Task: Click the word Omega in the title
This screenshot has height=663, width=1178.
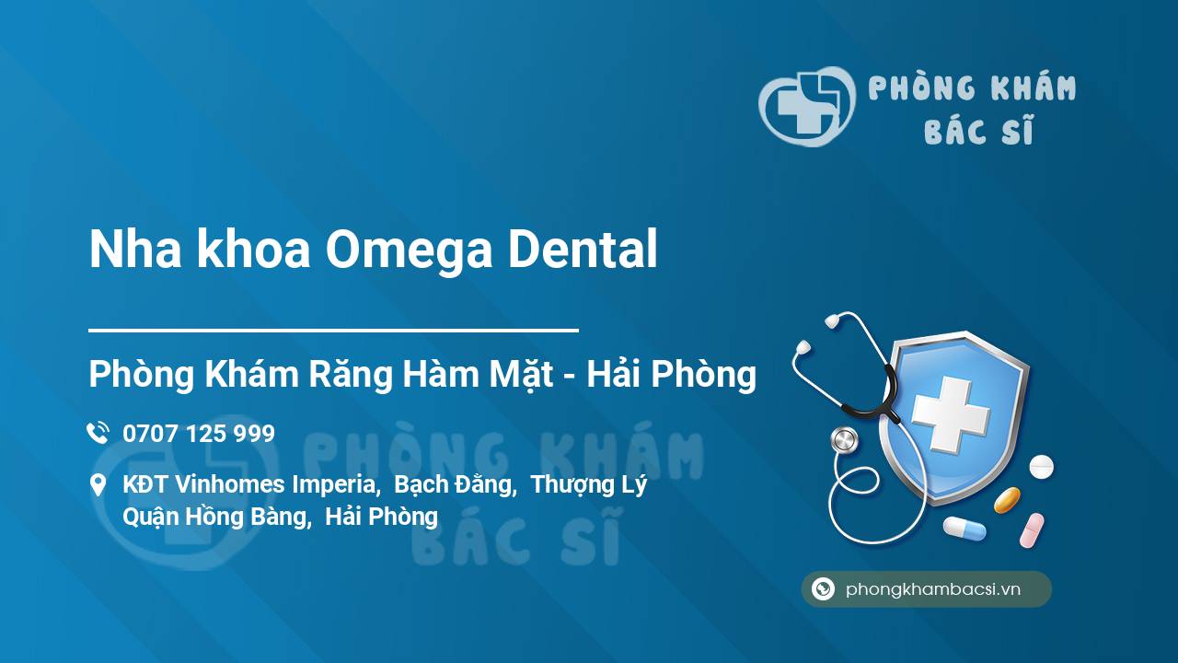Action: pos(410,250)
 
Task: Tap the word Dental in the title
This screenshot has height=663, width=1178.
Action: pos(583,248)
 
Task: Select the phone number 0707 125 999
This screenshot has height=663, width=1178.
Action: pos(199,434)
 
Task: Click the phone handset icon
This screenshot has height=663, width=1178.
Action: pos(98,433)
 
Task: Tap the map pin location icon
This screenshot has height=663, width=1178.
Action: pos(98,484)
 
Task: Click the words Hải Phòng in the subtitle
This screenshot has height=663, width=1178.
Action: pos(672,374)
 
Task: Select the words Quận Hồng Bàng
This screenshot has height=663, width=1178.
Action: pos(214,517)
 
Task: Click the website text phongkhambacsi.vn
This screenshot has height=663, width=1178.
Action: pos(933,589)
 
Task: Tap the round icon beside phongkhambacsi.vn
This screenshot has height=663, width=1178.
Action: pos(823,588)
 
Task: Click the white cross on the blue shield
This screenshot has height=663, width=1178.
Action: pos(951,414)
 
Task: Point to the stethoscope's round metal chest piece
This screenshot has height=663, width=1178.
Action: pos(844,440)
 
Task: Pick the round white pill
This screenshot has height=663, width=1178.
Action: pos(1041,467)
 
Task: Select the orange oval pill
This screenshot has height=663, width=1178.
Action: pos(1007,500)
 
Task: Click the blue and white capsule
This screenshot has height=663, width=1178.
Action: pos(965,529)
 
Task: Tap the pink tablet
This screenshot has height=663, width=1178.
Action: pos(1032,530)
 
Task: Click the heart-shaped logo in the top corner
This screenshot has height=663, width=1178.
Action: pos(807,106)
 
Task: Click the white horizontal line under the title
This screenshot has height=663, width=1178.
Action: pos(333,331)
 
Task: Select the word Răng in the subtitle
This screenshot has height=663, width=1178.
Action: pos(351,375)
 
